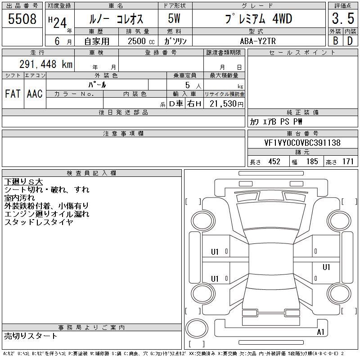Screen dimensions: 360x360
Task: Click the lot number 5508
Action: [x=22, y=19]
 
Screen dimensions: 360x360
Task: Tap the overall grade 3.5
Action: [x=343, y=18]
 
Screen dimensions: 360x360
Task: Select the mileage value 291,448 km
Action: [x=46, y=64]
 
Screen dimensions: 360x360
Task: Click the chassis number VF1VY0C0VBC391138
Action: [x=302, y=143]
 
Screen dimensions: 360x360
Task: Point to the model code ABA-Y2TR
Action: [x=258, y=41]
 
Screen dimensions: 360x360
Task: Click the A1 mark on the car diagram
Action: [x=320, y=332]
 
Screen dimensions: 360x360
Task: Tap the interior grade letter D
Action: [x=350, y=41]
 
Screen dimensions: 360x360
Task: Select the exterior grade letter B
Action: [x=336, y=41]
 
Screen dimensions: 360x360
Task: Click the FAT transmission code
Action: [x=13, y=94]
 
